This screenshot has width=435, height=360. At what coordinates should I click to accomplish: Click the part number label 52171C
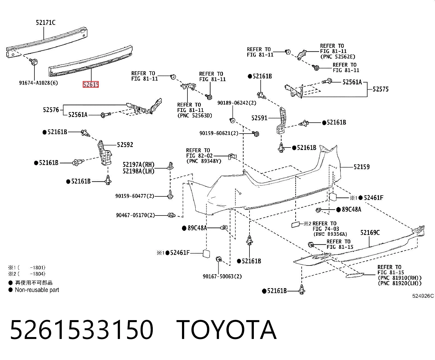46,22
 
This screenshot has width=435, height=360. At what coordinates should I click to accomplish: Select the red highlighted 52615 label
91,84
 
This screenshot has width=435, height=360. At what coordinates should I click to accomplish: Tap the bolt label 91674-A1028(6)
39,83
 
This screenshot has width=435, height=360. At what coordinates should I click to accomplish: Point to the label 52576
51,110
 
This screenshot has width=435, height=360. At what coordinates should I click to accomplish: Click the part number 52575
381,89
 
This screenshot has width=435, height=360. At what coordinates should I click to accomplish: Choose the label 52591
259,118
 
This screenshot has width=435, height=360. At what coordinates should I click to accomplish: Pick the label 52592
125,145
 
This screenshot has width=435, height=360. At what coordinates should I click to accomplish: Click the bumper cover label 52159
362,167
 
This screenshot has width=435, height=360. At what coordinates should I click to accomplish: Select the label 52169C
370,233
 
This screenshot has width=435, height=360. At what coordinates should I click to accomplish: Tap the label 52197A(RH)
139,165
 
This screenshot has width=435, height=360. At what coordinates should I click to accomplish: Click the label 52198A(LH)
139,171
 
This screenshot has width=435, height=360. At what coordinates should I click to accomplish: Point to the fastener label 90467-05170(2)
136,215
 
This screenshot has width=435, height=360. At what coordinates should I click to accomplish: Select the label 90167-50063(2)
222,276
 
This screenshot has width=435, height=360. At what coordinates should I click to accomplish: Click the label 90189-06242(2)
237,103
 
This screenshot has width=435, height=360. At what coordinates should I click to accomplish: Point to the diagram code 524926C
423,296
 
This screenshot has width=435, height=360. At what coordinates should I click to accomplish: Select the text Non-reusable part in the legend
37,290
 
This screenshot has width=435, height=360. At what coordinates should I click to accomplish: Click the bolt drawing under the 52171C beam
34,62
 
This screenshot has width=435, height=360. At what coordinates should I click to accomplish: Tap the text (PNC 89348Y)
204,161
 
